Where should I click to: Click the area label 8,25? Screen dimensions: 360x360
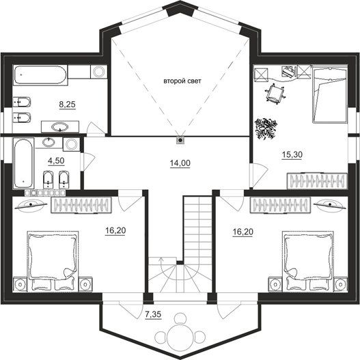pos(67,105)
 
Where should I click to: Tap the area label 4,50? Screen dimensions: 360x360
pos(56,161)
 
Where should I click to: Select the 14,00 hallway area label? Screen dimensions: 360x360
pos(180,163)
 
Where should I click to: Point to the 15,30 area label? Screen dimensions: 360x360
pos(292,155)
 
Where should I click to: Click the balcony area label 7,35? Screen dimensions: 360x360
pos(153,314)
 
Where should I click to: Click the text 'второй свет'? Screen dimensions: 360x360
pos(182,81)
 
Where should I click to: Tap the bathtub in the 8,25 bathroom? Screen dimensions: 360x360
pos(40,75)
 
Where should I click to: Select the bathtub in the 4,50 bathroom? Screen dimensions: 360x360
pos(23,163)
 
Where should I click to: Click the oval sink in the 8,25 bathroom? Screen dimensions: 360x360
pos(60,127)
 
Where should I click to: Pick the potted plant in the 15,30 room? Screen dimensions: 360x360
pos(266,128)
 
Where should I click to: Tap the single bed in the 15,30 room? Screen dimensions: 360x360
pos(329,94)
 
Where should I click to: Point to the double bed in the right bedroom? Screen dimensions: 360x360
pos(308,261)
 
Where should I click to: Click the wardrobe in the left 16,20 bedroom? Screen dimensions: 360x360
pos(81,205)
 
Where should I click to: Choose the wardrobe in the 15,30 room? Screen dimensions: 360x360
pos(317,181)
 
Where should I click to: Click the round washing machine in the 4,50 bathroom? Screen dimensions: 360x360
pos(71,144)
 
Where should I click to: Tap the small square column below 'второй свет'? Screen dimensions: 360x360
pos(180,140)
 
